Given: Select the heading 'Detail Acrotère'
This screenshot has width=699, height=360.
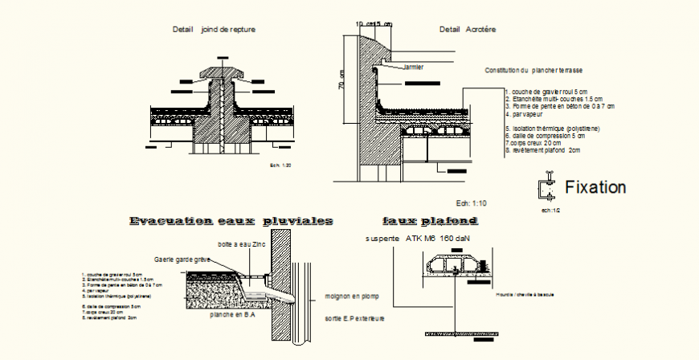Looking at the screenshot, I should tap(468, 29).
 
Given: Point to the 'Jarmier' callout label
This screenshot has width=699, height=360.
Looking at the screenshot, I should tap(413, 67).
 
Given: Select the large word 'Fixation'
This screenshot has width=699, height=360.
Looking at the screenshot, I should tap(595, 188).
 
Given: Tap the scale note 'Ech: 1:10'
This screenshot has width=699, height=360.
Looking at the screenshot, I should tap(472, 202).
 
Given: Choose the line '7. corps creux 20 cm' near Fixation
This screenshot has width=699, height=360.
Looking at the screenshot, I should tap(533, 142).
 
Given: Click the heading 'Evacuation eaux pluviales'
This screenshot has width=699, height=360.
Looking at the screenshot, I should tap(231, 220).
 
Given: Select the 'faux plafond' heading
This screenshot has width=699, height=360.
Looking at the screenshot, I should tap(430, 220).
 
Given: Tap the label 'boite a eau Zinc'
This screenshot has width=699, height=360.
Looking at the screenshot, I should tap(241, 244).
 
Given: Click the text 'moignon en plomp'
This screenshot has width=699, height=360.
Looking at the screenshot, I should tap(352, 296).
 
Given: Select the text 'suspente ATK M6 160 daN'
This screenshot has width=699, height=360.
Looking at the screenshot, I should tap(416, 239).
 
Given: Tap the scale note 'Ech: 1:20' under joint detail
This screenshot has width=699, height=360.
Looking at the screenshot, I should tap(282, 165).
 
